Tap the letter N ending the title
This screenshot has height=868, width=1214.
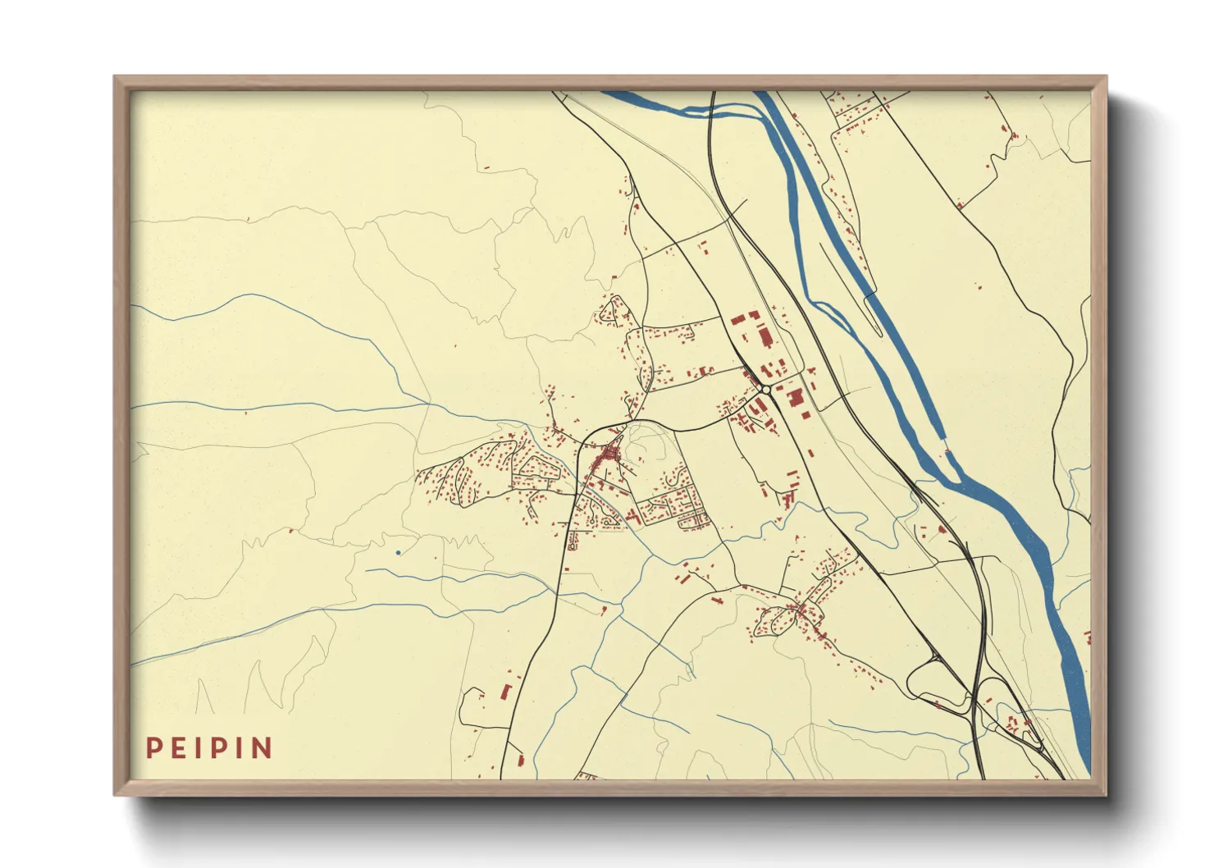(262, 748)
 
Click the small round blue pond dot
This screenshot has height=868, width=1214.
(398, 553)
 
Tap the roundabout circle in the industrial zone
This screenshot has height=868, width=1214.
(764, 389)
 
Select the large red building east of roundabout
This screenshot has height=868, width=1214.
(795, 398)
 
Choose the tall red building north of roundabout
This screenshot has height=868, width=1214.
(766, 336)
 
